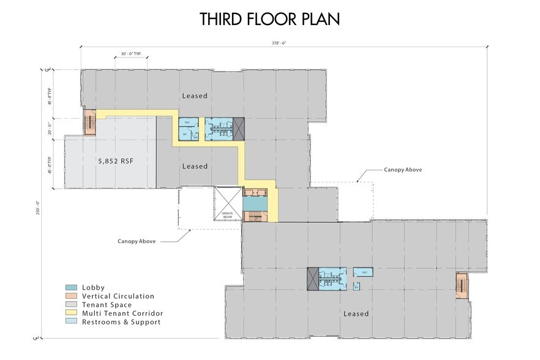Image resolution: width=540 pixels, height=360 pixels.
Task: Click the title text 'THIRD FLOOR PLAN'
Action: point(270,19)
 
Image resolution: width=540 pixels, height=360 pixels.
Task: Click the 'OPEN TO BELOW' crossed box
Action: point(228,206)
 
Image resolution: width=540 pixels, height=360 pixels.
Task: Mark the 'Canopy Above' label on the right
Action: point(402,170)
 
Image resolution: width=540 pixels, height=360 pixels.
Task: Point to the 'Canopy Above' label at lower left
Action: point(136,241)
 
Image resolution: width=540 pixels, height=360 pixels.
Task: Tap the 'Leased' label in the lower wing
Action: point(356,314)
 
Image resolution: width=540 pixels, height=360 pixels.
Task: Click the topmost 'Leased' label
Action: point(195,96)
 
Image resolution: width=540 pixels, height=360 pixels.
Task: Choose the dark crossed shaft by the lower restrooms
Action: point(313,279)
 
